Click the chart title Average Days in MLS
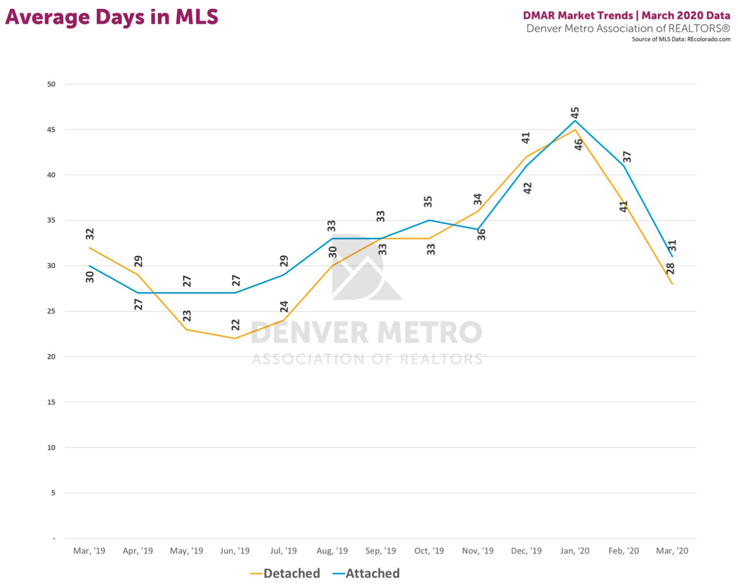pyautogui.click(x=111, y=17)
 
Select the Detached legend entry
pyautogui.click(x=285, y=573)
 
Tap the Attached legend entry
pyautogui.click(x=366, y=573)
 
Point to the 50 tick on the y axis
pyautogui.click(x=51, y=84)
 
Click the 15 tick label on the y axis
pyautogui.click(x=51, y=402)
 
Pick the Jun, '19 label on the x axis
pyautogui.click(x=235, y=551)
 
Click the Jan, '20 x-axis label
pyautogui.click(x=575, y=551)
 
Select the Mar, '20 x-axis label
pyautogui.click(x=672, y=551)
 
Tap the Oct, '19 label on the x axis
pyautogui.click(x=429, y=551)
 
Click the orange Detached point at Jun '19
pyautogui.click(x=235, y=338)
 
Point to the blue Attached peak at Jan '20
pyautogui.click(x=575, y=121)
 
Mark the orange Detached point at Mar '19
pyautogui.click(x=89, y=248)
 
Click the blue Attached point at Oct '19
pyautogui.click(x=429, y=220)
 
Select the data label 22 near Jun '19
pyautogui.click(x=236, y=325)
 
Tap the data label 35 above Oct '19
pyautogui.click(x=428, y=202)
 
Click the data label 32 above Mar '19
pyautogui.click(x=90, y=234)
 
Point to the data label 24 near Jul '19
pyautogui.click(x=284, y=306)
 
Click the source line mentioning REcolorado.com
pyautogui.click(x=681, y=39)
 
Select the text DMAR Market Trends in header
pyautogui.click(x=577, y=15)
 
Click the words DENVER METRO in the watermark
pyautogui.click(x=366, y=333)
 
